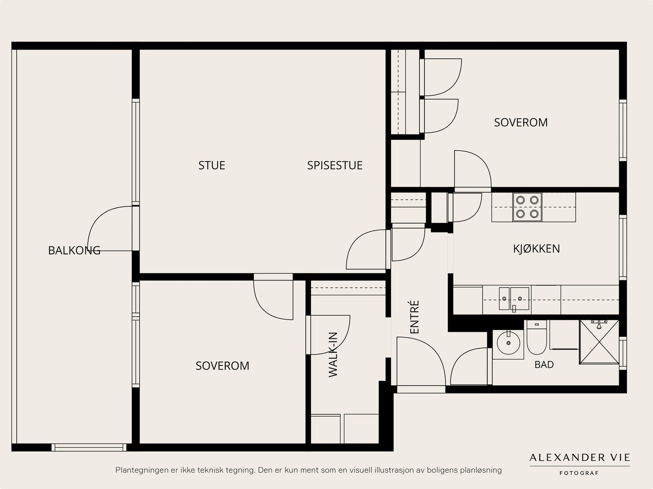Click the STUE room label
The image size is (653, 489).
[x=211, y=165]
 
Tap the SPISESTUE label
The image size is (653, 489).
[x=335, y=165]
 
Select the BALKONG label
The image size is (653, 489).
[x=74, y=251]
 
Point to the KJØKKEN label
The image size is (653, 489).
[x=536, y=249]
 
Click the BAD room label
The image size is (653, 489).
[x=544, y=365]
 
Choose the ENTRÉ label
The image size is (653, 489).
[x=414, y=317]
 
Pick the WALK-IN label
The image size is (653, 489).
[x=333, y=355]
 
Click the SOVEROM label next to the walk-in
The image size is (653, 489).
[x=222, y=366]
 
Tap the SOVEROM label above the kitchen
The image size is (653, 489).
[x=521, y=122]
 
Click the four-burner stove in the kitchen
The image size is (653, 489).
[x=527, y=207]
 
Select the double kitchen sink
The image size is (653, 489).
[x=514, y=299]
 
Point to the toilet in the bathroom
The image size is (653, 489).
[x=537, y=337]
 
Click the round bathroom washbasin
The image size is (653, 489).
[x=509, y=343]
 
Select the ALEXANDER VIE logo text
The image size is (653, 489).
[x=580, y=458]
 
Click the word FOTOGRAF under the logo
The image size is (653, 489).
[x=579, y=473]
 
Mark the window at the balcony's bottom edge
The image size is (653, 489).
[x=89, y=447]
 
